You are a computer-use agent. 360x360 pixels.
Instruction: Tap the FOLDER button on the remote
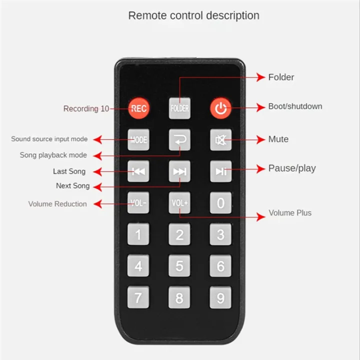tap(179, 108)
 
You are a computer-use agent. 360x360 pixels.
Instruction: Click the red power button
tap(220, 108)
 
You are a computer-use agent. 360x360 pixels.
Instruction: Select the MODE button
tap(138, 139)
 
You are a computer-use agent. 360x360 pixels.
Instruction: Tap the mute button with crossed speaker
tap(220, 139)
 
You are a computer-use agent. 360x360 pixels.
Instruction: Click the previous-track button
tap(138, 171)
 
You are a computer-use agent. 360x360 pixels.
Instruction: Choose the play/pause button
tap(220, 171)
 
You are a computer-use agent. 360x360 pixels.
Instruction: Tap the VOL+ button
tap(179, 203)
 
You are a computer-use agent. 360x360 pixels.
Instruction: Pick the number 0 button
tap(220, 203)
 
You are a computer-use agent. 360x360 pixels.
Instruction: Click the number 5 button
tap(179, 266)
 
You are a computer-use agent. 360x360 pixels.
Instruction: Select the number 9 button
tap(220, 298)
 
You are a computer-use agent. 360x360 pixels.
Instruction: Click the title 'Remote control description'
tap(193, 15)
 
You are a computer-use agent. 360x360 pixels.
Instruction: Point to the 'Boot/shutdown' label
tap(295, 106)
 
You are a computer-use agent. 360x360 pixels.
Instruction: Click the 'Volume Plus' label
tap(290, 213)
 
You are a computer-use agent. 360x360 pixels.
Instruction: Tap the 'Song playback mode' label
tap(53, 155)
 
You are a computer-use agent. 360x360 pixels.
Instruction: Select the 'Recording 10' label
tap(86, 108)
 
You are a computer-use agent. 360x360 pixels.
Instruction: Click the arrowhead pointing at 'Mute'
tap(261, 139)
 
